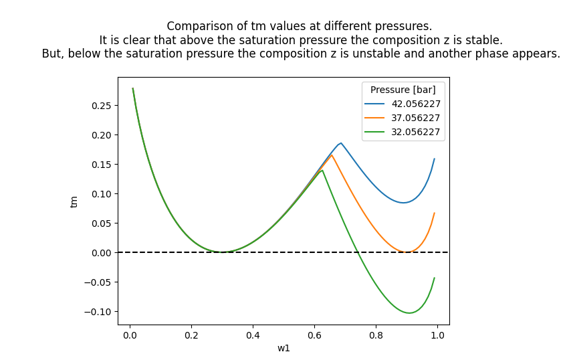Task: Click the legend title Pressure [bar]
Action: [x=403, y=90]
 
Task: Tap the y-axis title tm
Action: [x=74, y=201]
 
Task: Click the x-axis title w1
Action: [x=283, y=348]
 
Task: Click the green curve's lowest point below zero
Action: [x=409, y=313]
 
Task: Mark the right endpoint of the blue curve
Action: [x=435, y=159]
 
